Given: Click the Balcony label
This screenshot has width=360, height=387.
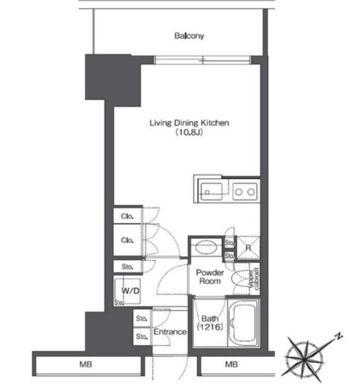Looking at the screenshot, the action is click(x=189, y=36).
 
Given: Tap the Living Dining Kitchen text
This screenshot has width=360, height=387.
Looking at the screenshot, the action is click(x=189, y=123).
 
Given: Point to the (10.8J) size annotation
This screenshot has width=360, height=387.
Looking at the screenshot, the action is click(x=189, y=133).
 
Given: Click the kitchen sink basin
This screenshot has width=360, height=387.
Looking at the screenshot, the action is click(x=211, y=192).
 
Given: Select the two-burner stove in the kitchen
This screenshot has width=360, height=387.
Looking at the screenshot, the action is click(x=245, y=192).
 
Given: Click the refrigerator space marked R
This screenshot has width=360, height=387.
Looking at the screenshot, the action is click(x=248, y=248).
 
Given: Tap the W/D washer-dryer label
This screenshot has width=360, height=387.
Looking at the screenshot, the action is click(x=130, y=291).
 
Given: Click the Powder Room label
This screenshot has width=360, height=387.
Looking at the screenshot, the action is click(x=210, y=277).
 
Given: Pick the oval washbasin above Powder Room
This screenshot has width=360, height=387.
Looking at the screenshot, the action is click(x=206, y=247).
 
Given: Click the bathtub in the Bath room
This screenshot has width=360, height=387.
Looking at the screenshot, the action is click(x=244, y=323).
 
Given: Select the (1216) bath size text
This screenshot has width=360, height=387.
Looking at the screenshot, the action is click(x=210, y=327).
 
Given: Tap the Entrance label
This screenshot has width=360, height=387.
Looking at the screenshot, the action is click(x=170, y=332).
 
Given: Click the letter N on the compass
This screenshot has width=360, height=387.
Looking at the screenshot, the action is click(x=339, y=336).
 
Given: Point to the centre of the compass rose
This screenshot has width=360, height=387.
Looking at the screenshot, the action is click(x=304, y=357).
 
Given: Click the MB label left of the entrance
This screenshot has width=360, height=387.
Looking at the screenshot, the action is click(x=86, y=364).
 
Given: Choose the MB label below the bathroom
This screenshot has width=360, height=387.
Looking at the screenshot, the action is click(x=231, y=364).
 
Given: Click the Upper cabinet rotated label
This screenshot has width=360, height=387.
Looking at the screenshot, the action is click(x=254, y=279).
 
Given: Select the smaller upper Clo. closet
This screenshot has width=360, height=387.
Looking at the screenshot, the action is click(x=128, y=216).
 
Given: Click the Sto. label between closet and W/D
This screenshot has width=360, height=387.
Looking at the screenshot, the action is click(x=128, y=267).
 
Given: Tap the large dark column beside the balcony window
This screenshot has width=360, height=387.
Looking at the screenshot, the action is click(x=113, y=80).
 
